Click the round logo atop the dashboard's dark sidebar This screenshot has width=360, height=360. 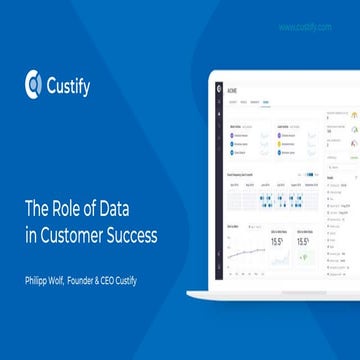tap(217, 89)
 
